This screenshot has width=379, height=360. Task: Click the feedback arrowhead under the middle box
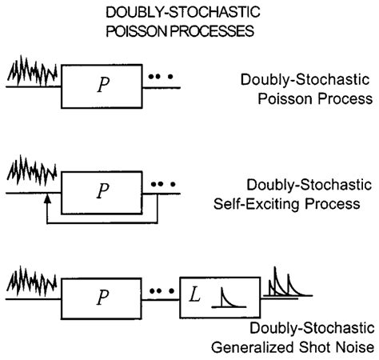coord(47,206)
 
